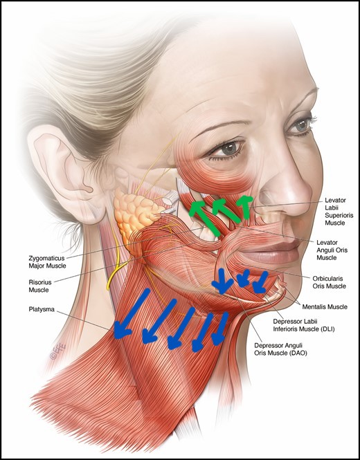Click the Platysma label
tap(42, 309)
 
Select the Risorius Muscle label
tap(40, 286)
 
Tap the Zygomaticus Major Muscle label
tap(47, 262)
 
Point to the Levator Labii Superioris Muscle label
tap(339, 212)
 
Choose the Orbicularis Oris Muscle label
tap(329, 282)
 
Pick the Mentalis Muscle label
tap(325, 307)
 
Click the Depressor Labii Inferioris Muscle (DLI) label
tap(304, 325)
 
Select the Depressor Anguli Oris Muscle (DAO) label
tap(280, 349)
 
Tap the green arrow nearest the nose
tap(246, 208)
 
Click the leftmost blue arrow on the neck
tap(132, 314)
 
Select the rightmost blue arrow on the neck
tap(220, 329)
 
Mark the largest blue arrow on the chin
tap(222, 281)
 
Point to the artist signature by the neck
tap(58, 351)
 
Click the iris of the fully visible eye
tap(228, 149)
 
